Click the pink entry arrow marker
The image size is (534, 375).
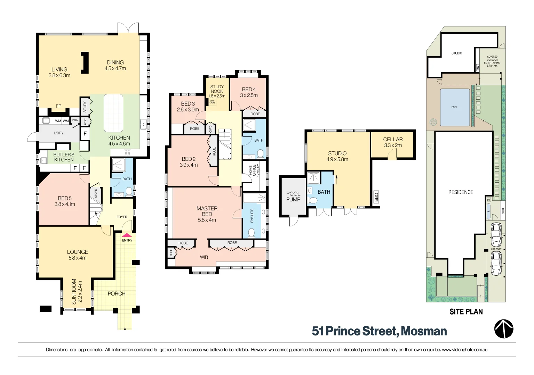tap(127, 235)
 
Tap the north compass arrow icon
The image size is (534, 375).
tap(504, 329)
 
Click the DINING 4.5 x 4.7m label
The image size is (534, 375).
tap(115, 66)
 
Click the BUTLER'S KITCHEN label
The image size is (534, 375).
tap(64, 157)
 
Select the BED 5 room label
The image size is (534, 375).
tap(65, 201)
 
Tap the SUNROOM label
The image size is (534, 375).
tap(77, 292)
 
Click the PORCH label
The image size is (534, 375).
tap(117, 294)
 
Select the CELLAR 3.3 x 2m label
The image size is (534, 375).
tap(393, 142)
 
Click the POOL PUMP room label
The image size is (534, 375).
tap(293, 197)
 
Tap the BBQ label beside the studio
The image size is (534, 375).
tap(376, 197)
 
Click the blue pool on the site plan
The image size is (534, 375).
tap(455, 107)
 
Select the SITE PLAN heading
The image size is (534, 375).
tap(466, 312)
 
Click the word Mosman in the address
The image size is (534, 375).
tap(424, 331)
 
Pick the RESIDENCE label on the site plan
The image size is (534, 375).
tap(461, 192)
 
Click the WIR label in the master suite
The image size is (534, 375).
tap(204, 257)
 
